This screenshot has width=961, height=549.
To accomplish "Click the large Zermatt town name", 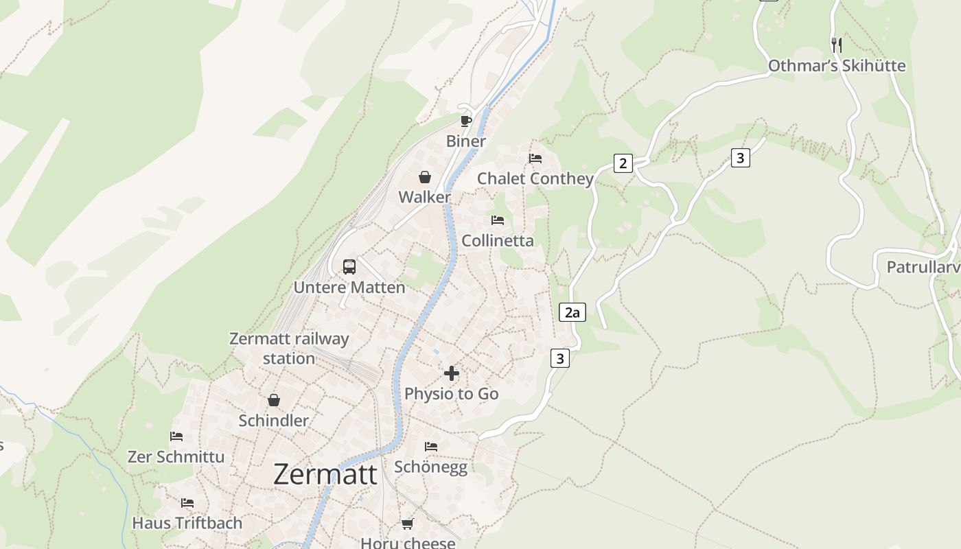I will click(x=325, y=474).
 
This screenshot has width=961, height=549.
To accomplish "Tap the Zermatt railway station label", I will click(x=289, y=349).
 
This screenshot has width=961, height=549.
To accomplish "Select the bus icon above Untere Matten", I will click(x=349, y=267).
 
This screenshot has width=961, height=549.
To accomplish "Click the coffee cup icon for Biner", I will click(x=466, y=121).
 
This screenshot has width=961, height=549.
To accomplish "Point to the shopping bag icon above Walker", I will click(x=425, y=178).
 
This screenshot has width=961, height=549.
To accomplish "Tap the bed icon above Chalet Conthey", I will click(x=535, y=159).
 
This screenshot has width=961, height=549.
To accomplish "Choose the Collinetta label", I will click(x=498, y=241).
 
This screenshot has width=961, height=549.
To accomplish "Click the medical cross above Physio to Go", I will click(x=452, y=373).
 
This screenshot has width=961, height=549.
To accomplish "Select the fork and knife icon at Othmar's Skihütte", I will click(x=836, y=45).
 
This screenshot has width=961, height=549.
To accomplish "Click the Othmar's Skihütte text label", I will click(x=837, y=66).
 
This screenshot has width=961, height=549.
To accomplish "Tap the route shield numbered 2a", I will click(x=572, y=313).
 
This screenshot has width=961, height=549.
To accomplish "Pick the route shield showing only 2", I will click(x=623, y=163).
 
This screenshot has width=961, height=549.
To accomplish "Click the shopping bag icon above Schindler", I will click(x=274, y=400).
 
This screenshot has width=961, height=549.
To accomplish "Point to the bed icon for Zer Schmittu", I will click(x=176, y=436).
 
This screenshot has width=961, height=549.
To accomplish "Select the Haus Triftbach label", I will click(x=187, y=523).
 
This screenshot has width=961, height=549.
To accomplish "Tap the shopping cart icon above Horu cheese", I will click(x=408, y=524).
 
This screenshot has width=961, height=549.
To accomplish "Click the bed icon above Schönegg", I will click(x=431, y=447).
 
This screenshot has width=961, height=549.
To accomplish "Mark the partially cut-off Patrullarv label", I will click(x=923, y=267).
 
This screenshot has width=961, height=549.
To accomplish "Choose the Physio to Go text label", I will click(x=452, y=394).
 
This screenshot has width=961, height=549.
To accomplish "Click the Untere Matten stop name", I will click(x=349, y=288).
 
